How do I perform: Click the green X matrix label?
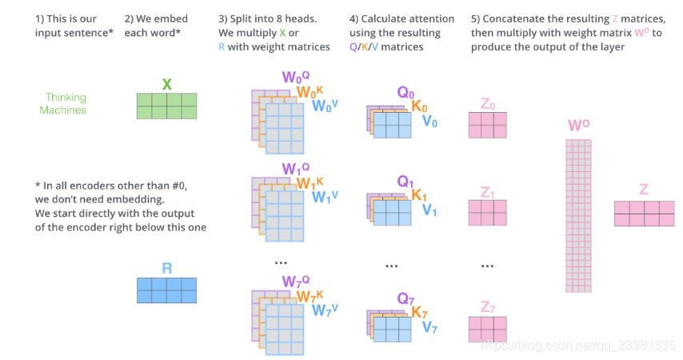click(166, 84)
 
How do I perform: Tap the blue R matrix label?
click(166, 268)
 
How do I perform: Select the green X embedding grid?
click(166, 106)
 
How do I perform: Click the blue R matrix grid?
click(166, 290)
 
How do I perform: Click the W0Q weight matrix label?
click(294, 78)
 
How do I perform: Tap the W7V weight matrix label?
click(325, 310)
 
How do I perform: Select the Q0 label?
click(406, 92)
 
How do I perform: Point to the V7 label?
click(429, 326)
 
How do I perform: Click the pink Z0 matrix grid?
click(487, 125)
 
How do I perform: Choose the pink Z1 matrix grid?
click(487, 212)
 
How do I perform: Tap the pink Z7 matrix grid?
click(487, 329)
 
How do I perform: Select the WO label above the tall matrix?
click(578, 126)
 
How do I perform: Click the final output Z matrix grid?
click(644, 213)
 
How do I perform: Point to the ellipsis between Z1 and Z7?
click(487, 265)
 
